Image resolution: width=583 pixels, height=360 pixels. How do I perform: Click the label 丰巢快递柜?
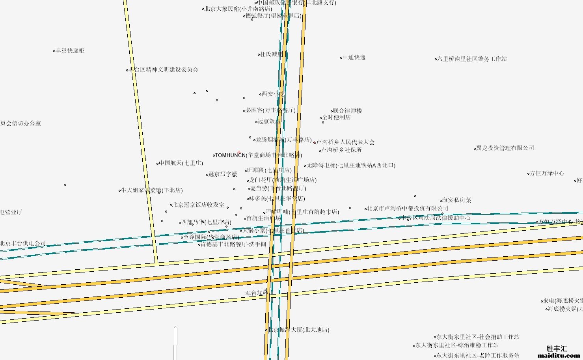click(70, 51)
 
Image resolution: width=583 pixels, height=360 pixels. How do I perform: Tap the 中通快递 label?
click(354, 58)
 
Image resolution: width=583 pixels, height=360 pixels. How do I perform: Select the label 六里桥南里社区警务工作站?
click(472, 59)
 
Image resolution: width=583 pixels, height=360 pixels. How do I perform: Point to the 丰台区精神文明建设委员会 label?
click(164, 70)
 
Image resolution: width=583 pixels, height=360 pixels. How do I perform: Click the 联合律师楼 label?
click(347, 111)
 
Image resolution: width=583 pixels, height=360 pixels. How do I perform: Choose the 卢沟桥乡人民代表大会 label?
click(346, 142)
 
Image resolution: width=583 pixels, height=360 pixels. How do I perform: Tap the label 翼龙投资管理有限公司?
click(505, 148)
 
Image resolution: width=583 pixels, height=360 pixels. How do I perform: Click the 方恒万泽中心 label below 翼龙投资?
click(547, 173)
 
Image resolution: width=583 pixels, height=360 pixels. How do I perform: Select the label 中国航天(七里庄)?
click(181, 163)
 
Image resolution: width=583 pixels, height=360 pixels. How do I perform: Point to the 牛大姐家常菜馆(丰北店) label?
click(152, 190)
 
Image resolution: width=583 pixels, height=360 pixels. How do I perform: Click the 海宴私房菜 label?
click(456, 200)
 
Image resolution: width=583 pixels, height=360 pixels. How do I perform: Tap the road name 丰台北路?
click(256, 293)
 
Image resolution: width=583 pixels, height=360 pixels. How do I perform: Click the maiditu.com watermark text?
click(559, 355)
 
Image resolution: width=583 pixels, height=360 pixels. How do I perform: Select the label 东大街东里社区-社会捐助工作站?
click(478, 337)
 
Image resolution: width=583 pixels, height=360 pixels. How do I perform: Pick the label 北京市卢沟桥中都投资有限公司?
click(408, 209)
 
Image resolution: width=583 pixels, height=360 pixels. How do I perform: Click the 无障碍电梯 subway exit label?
click(351, 166)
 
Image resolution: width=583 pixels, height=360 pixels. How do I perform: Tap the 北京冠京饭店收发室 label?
click(199, 205)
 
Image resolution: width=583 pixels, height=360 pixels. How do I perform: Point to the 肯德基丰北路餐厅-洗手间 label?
click(233, 244)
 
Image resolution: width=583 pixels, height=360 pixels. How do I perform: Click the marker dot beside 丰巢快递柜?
click(54, 51)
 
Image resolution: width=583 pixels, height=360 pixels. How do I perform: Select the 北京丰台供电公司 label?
click(23, 244)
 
